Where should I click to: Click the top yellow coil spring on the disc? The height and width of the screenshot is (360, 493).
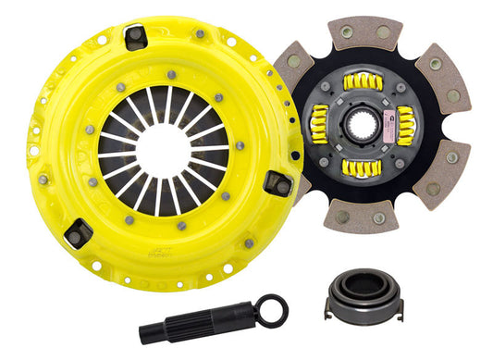click(363, 81)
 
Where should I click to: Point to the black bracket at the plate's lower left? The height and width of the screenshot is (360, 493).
click(80, 231)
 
